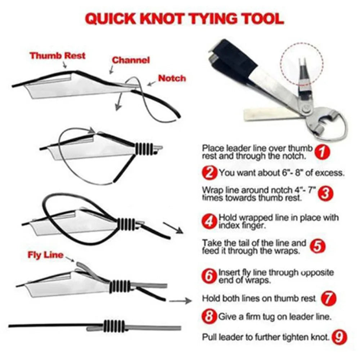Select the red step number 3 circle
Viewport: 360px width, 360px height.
coord(325,193)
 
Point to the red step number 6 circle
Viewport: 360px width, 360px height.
coord(210,276)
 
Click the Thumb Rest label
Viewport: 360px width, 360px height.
coord(58,56)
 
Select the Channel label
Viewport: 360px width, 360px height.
coord(131,60)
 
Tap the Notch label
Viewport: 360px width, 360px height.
coord(172,78)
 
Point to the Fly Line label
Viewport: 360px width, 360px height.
coord(45,255)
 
